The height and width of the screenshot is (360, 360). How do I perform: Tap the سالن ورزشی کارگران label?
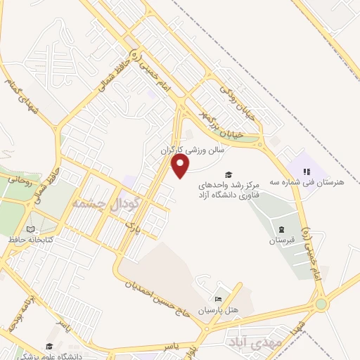click(192, 150)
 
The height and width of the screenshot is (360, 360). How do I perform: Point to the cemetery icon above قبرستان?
click(281, 230)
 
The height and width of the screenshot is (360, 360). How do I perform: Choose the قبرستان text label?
click(281, 241)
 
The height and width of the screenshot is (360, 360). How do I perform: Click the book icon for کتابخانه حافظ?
click(30, 229)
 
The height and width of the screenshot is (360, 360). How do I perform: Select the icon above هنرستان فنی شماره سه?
click(306, 172)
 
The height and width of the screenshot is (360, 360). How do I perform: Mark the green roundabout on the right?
click(321, 304)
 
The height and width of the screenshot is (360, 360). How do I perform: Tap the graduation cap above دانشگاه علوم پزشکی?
click(50, 347)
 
